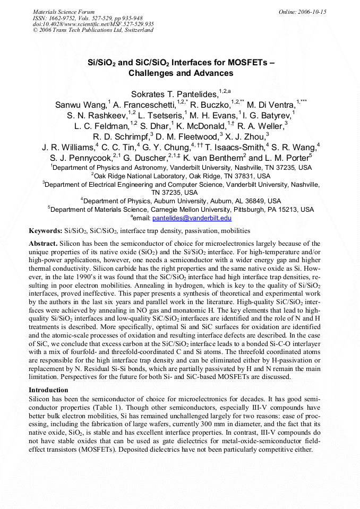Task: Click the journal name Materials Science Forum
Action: click(64, 12)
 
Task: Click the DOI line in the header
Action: click(93, 24)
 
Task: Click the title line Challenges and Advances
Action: click(181, 73)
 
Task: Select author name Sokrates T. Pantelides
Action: click(174, 94)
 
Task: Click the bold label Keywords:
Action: click(46, 231)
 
